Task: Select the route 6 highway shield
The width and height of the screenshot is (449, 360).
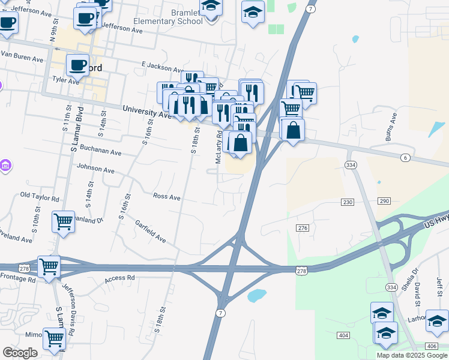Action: (x=406, y=157)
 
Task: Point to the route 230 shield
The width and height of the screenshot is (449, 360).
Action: (x=348, y=202)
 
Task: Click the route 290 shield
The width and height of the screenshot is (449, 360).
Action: (x=384, y=200)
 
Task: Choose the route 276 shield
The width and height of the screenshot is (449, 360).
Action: (x=303, y=228)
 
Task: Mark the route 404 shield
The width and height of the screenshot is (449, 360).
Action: (x=343, y=334)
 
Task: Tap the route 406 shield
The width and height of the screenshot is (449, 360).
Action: (x=432, y=346)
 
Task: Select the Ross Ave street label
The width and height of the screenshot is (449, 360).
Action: (x=166, y=197)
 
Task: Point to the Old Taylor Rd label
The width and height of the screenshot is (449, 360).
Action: (x=40, y=196)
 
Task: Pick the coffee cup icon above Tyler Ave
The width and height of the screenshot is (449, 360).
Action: (x=77, y=64)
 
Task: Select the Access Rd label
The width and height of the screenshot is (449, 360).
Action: (x=119, y=279)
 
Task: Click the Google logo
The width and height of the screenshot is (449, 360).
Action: (x=20, y=353)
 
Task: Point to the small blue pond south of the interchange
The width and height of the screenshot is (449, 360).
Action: (x=256, y=295)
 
